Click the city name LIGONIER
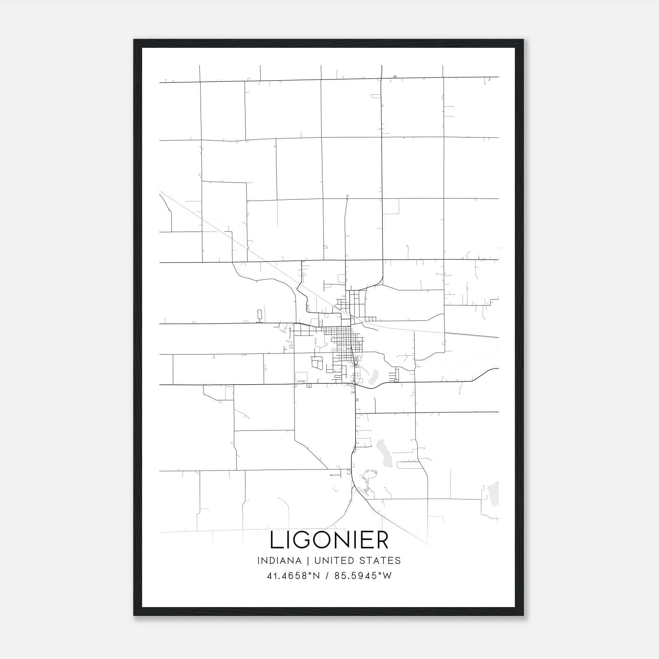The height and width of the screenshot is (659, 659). pos(329,540)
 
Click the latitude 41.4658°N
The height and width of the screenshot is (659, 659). pos(293,576)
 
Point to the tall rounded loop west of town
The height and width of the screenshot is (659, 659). pos(260,315)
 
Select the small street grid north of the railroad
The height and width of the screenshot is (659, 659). pos(355,303)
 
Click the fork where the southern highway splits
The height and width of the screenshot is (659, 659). pos(353,488)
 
